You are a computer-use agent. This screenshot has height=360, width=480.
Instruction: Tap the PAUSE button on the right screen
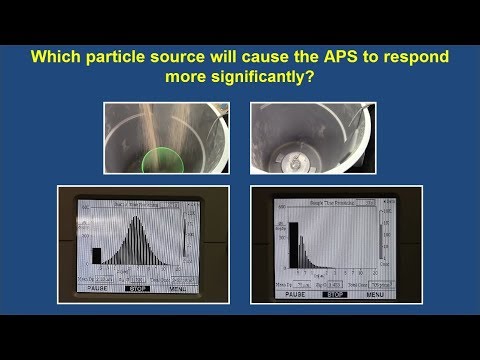coord(298,295)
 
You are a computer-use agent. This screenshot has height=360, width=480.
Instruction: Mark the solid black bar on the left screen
coord(97,255)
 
